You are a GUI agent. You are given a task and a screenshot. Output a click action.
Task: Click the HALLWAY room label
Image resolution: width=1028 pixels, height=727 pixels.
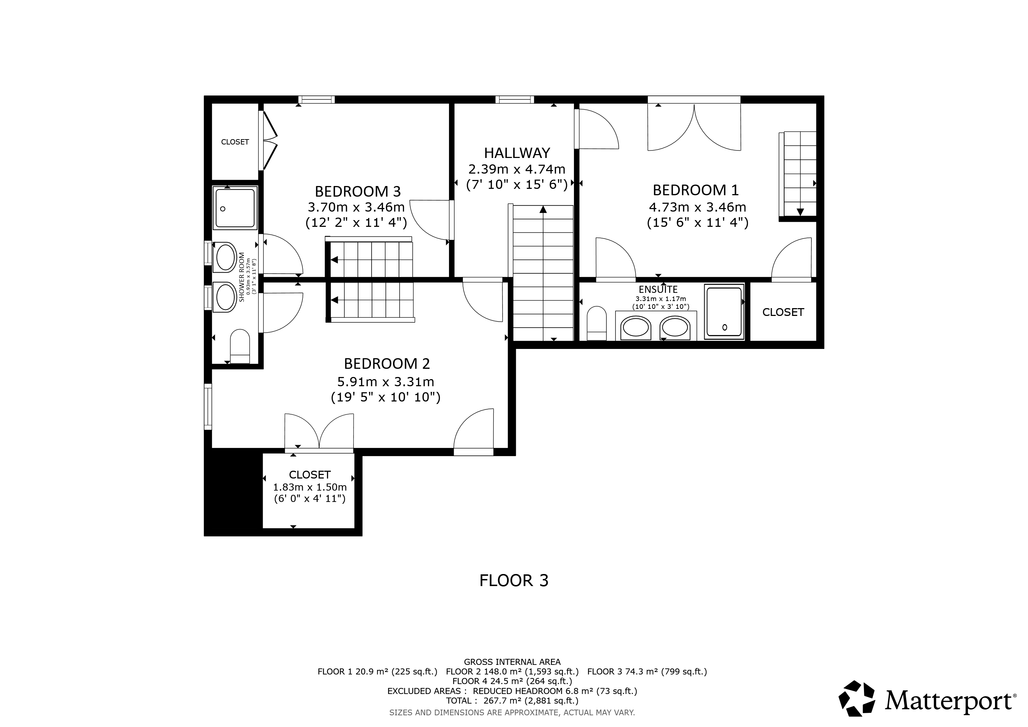(517, 153)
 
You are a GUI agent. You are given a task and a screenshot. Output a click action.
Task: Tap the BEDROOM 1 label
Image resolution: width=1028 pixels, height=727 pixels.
(695, 190)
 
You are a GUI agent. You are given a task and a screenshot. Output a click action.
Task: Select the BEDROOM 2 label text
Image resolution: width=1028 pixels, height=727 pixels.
(387, 363)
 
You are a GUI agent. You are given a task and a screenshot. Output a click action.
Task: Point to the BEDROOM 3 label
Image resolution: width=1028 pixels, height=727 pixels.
(358, 192)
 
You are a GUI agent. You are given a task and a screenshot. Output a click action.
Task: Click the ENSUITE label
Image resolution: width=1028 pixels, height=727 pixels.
(658, 289)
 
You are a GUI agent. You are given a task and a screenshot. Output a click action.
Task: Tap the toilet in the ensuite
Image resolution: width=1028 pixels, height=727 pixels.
(596, 323)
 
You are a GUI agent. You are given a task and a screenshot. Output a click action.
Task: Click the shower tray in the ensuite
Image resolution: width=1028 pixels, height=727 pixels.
(724, 312)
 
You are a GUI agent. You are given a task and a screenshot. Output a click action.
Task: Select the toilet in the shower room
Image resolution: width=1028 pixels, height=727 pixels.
(240, 346)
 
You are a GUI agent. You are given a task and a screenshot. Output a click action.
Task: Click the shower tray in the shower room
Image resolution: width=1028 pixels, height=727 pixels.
(235, 208)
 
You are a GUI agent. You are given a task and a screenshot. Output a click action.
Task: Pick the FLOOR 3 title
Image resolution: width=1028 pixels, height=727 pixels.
(514, 581)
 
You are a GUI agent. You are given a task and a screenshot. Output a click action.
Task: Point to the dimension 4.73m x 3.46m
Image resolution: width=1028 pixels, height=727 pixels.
(698, 207)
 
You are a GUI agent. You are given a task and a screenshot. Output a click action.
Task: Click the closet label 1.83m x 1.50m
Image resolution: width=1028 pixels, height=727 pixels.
(310, 487)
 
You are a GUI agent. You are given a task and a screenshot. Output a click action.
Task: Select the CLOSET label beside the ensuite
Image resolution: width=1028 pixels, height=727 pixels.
(783, 312)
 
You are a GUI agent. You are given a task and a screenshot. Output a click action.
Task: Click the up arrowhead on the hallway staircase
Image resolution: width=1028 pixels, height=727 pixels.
(543, 209)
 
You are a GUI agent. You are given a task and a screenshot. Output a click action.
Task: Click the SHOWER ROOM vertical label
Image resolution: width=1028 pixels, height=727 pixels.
(242, 277)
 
